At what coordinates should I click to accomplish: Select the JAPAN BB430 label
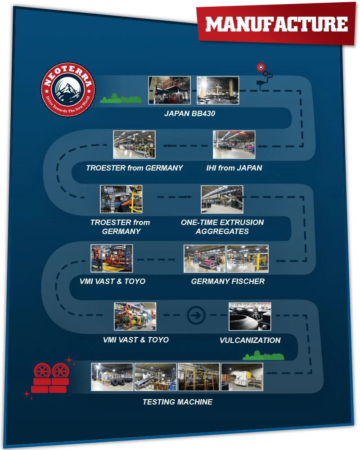189,113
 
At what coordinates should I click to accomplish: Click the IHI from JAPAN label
234,168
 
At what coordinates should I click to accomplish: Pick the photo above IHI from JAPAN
234,144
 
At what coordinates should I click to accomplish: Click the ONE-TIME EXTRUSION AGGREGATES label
222,227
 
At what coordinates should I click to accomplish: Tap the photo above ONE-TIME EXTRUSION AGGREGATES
222,199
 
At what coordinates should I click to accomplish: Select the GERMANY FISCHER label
228,281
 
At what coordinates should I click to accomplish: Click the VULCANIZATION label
250,340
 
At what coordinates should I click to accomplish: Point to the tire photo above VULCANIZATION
250,316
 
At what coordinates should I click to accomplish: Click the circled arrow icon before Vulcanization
196,315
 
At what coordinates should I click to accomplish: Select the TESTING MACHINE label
177,402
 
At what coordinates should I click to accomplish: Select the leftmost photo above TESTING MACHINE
112,377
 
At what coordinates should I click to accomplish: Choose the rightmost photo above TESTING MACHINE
242,377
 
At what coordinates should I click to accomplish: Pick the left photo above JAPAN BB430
170,90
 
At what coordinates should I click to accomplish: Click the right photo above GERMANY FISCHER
247,259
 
